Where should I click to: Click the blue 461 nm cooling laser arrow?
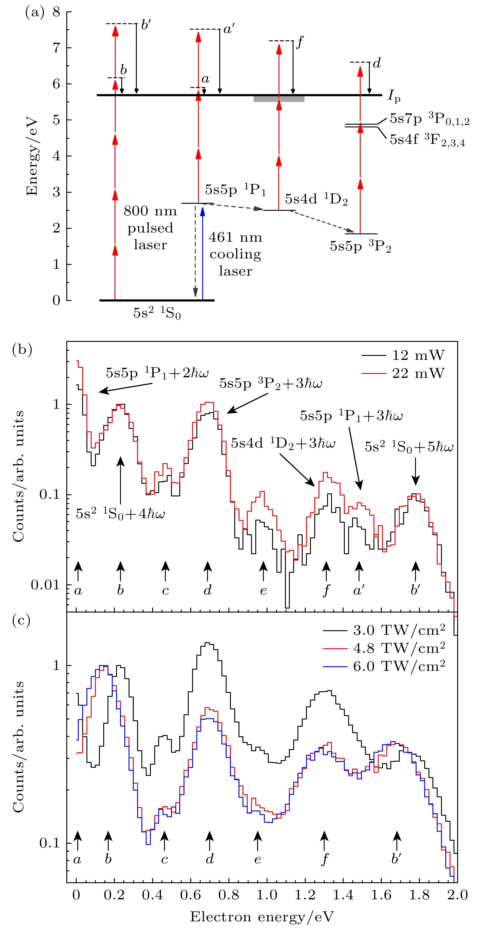(203, 252)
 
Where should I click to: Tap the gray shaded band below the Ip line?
(279, 99)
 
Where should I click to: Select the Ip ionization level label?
(394, 96)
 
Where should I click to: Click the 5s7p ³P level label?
(429, 119)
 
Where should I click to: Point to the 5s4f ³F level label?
(427, 140)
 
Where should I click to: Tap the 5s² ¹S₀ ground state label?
(157, 313)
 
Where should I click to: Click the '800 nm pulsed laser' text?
(150, 228)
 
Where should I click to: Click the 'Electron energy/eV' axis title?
(262, 916)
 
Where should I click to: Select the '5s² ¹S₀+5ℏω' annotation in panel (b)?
(409, 447)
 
